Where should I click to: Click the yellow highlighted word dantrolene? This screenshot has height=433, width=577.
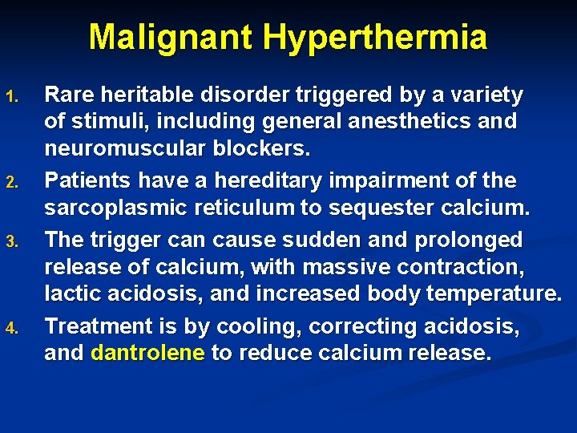pyautogui.click(x=148, y=354)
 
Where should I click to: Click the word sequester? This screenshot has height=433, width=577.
pyautogui.click(x=358, y=208)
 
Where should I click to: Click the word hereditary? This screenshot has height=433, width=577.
pyautogui.click(x=269, y=180)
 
